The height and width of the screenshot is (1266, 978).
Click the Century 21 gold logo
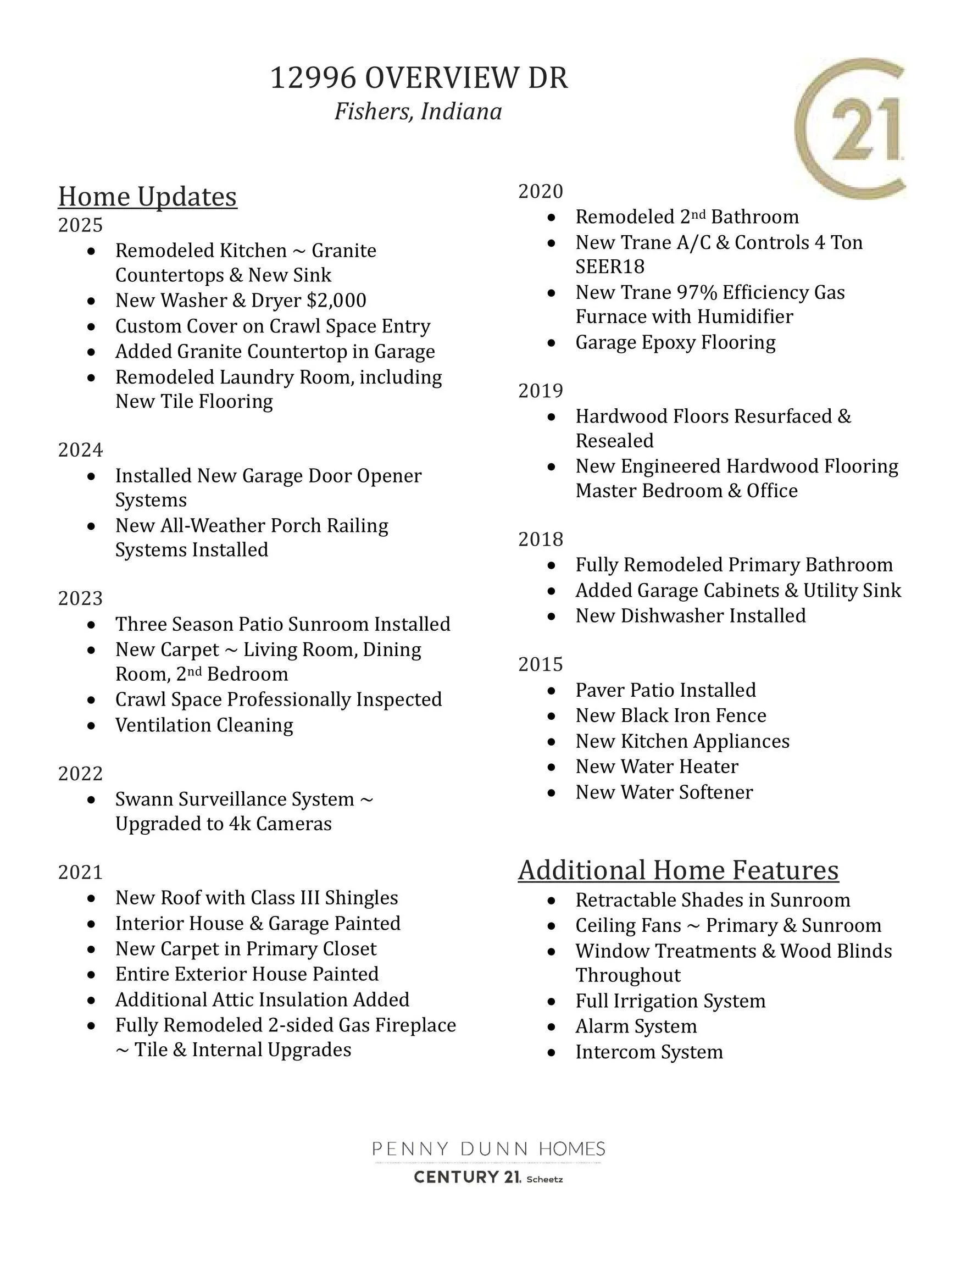pyautogui.click(x=850, y=129)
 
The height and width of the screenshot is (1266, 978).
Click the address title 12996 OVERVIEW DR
pyautogui.click(x=419, y=77)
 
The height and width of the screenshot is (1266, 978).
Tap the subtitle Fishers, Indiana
pyautogui.click(x=418, y=112)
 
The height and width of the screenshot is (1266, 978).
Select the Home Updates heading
pyautogui.click(x=147, y=197)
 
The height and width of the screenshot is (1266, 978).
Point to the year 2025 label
pyautogui.click(x=80, y=225)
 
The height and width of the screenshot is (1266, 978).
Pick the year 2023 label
pyautogui.click(x=80, y=598)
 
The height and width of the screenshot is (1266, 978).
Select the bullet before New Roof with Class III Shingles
pyautogui.click(x=91, y=898)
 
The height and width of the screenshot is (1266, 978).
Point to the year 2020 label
pyautogui.click(x=540, y=191)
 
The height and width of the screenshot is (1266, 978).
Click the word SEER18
pyautogui.click(x=610, y=266)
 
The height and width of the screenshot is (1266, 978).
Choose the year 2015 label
pyautogui.click(x=540, y=664)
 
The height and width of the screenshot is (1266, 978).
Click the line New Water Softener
pyautogui.click(x=664, y=792)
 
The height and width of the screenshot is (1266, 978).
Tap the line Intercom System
pyautogui.click(x=649, y=1052)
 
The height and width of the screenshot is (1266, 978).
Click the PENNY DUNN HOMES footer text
pyautogui.click(x=488, y=1148)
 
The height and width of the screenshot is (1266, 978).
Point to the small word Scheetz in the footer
pyautogui.click(x=544, y=1180)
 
